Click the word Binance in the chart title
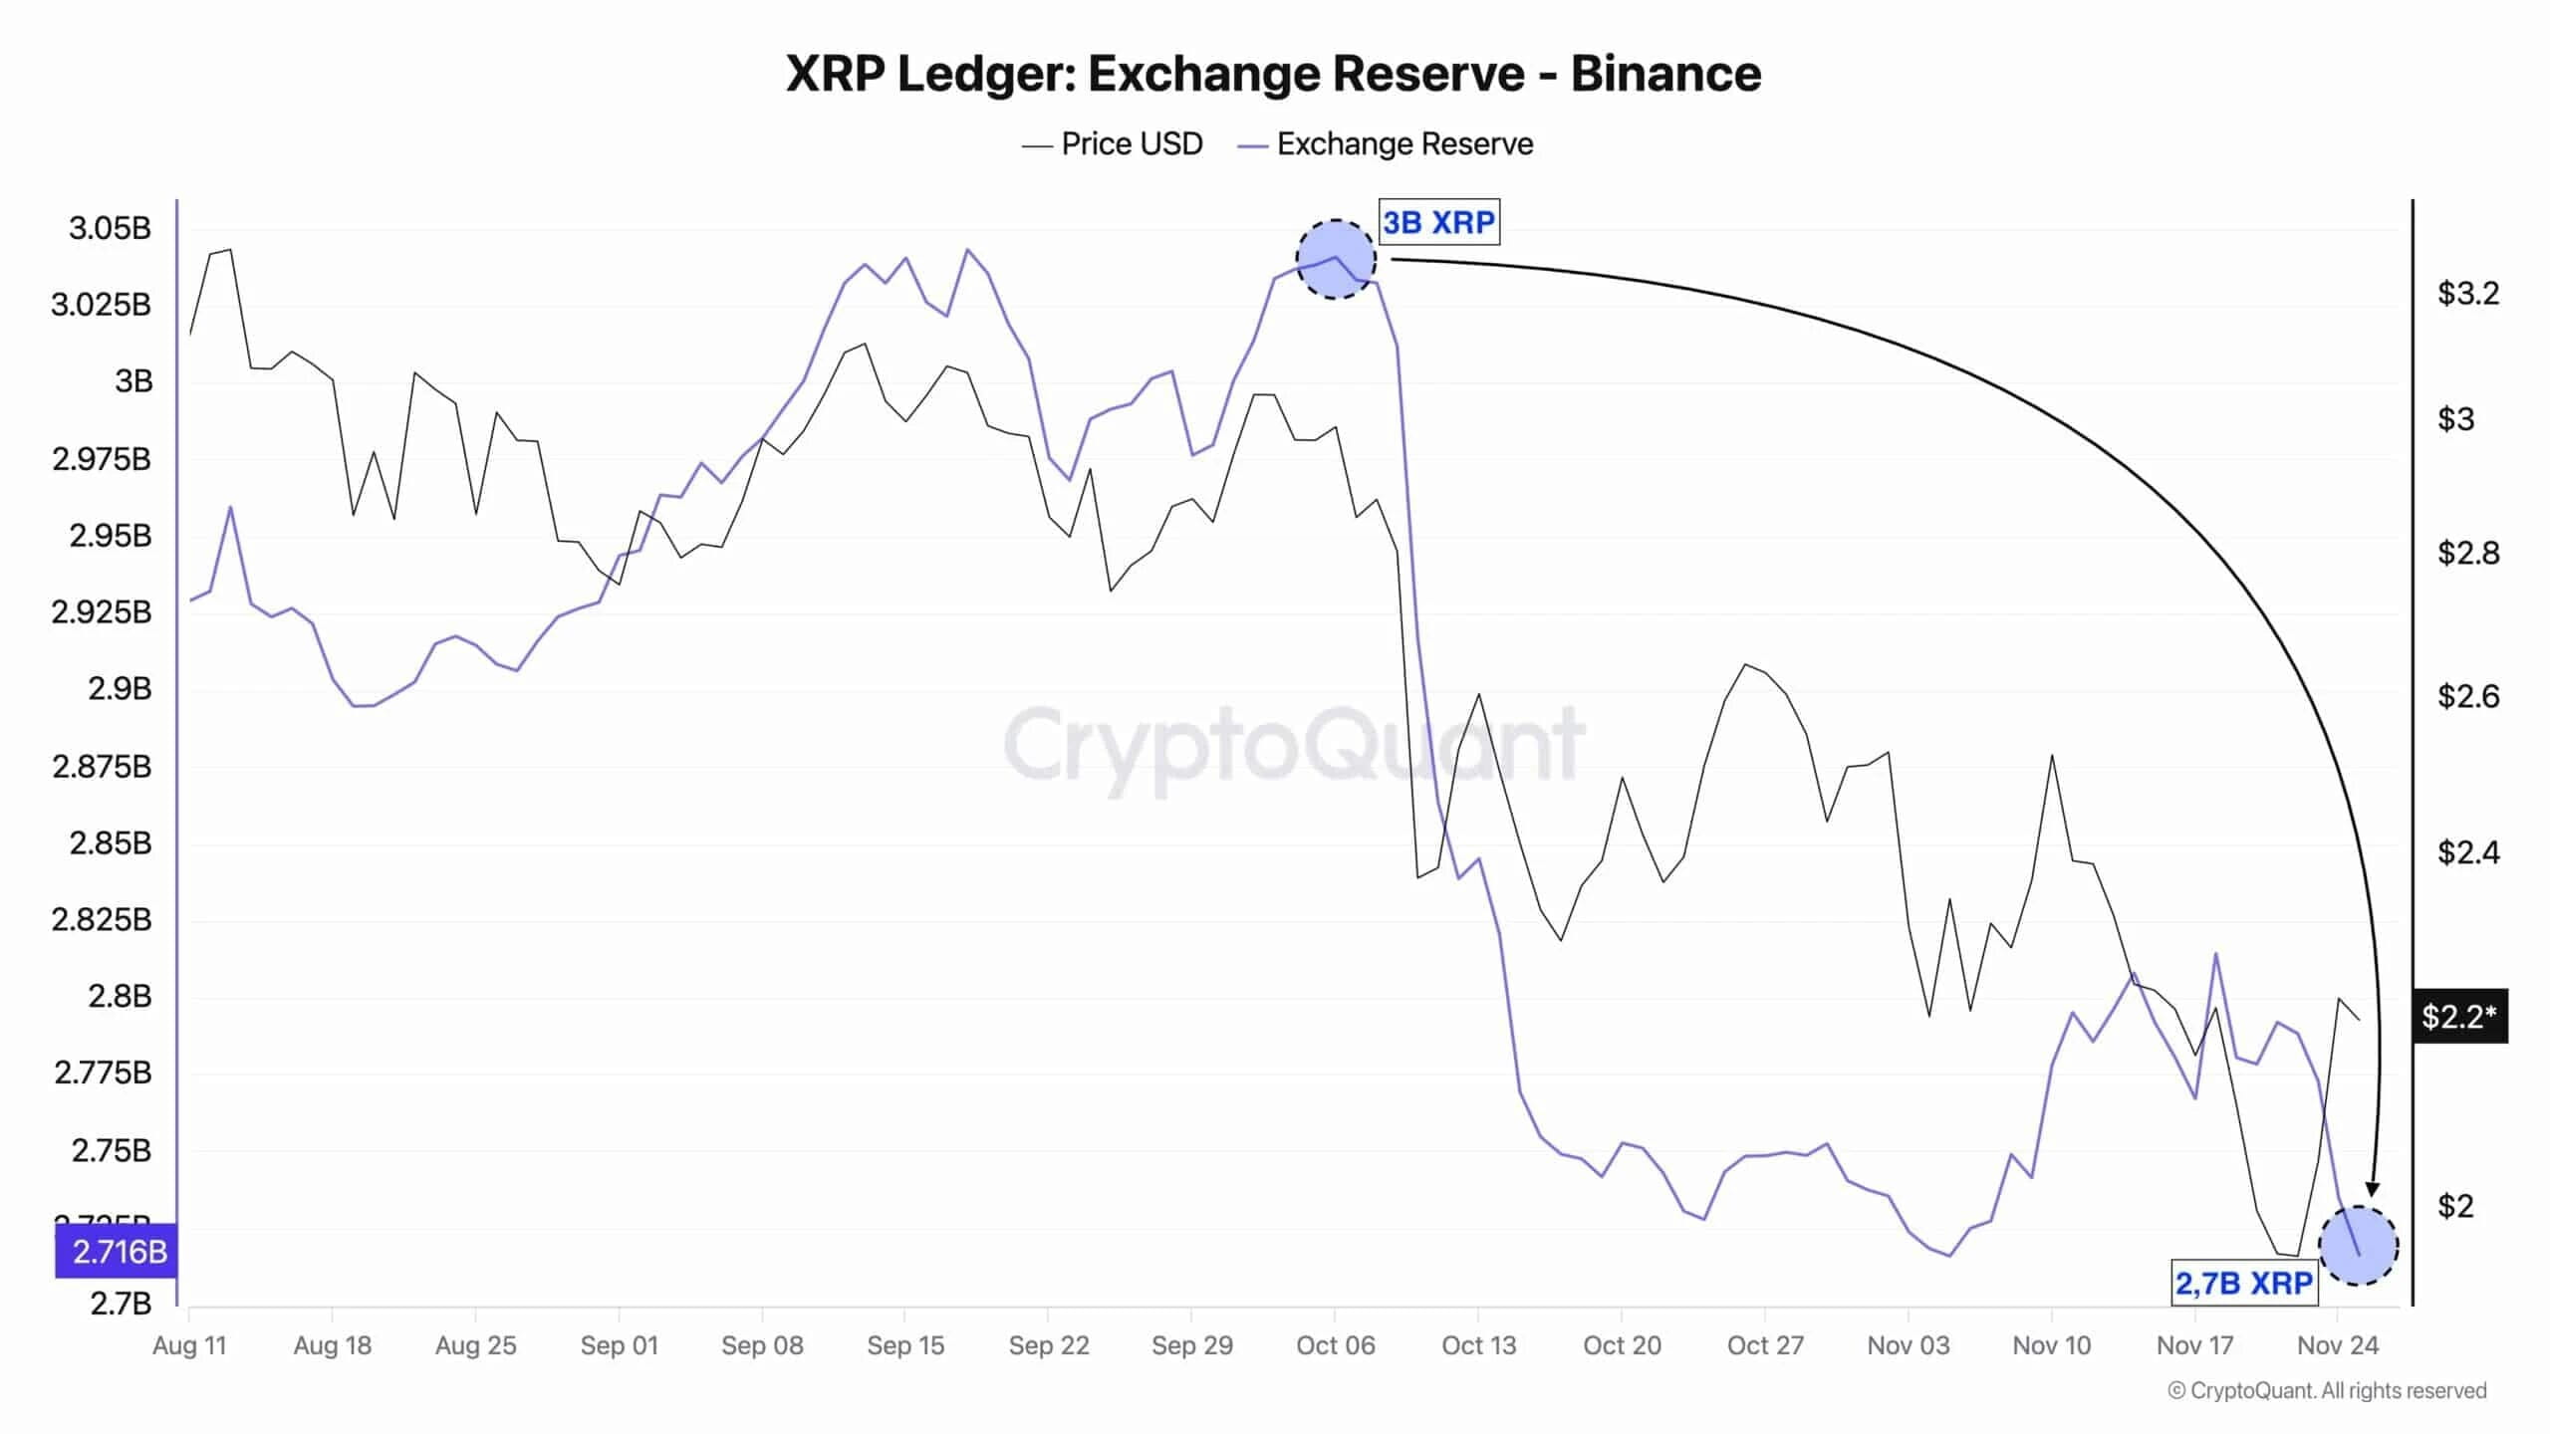[1665, 74]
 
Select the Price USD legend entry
[1113, 144]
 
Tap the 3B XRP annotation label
[1438, 222]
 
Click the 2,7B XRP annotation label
[2243, 1284]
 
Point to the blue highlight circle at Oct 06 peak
[1336, 260]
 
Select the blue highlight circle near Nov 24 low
[2358, 1246]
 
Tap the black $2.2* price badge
[2458, 1017]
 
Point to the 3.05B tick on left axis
[110, 229]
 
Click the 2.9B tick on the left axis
[120, 689]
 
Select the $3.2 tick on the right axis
[2467, 294]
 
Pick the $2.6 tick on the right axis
[2467, 696]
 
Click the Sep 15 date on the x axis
[904, 1346]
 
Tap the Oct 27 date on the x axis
[1765, 1346]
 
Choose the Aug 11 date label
[189, 1346]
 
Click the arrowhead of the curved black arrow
[2373, 1189]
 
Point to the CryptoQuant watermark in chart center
[1293, 745]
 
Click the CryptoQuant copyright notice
[2327, 1391]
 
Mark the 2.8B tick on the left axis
[120, 997]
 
